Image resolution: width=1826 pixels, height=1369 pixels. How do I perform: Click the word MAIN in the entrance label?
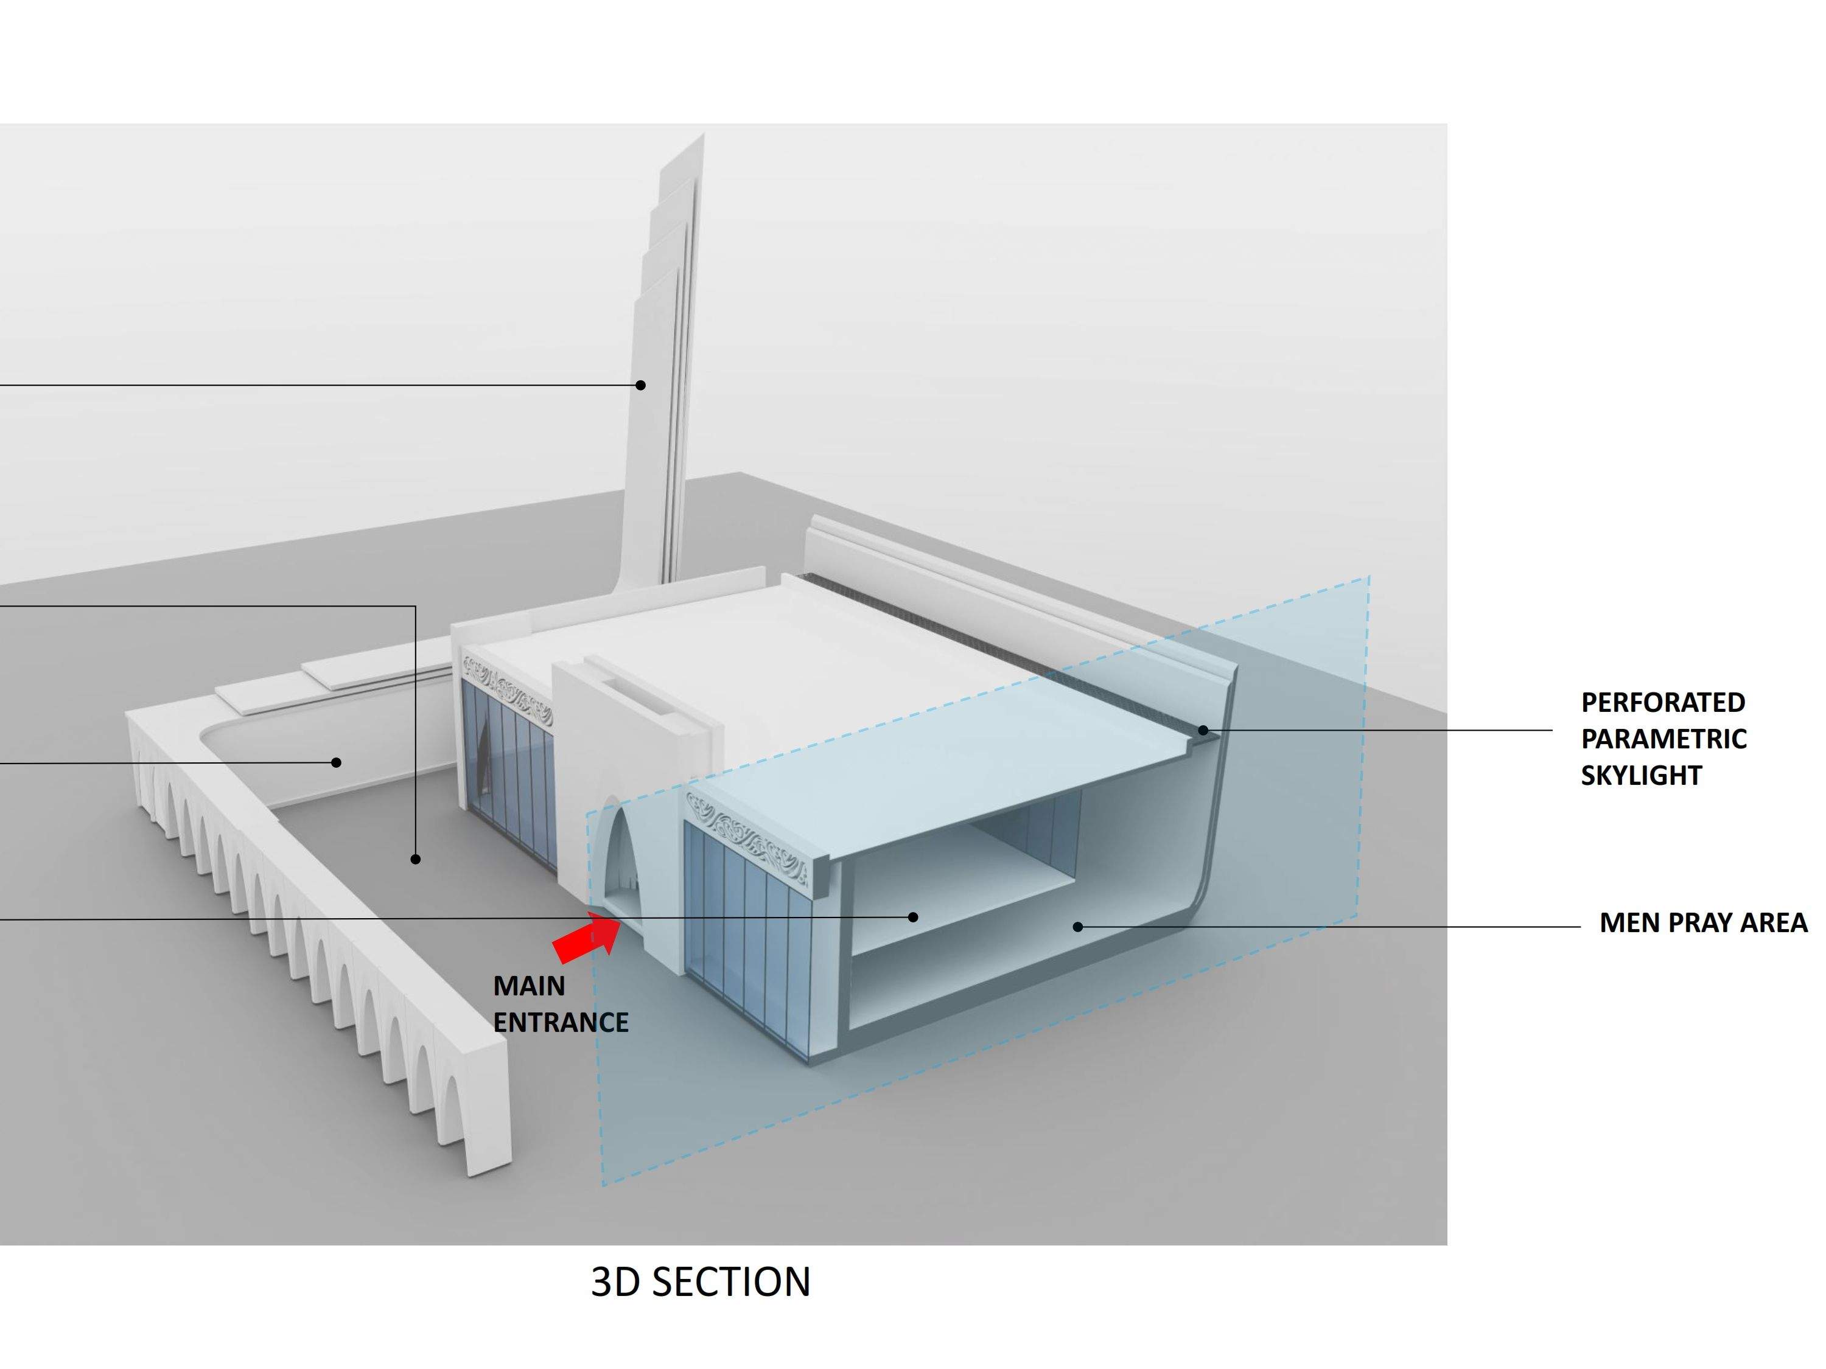[529, 986]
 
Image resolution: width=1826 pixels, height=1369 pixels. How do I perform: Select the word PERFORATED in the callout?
[1662, 702]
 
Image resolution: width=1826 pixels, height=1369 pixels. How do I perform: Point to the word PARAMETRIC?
[1663, 739]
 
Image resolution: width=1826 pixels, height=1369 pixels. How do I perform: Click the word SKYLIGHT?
[1641, 776]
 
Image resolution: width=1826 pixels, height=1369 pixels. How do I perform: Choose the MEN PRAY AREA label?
[1703, 922]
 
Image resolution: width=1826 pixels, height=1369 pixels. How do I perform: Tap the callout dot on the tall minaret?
[640, 385]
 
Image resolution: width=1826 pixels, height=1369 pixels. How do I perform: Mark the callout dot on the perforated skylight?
[1203, 730]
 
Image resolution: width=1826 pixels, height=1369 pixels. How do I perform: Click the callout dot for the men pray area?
[1077, 927]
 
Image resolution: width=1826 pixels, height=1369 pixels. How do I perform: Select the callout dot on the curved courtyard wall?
[336, 762]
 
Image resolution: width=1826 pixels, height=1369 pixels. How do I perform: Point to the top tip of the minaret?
[702, 137]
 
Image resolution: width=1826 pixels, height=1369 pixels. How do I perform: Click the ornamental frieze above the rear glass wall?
[507, 685]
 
